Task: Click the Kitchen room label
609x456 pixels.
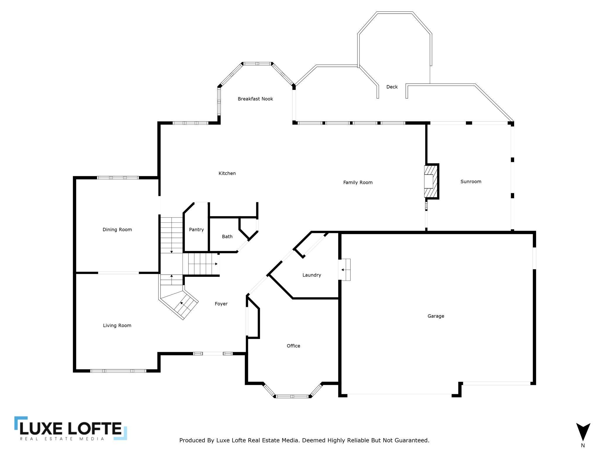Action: tap(227, 173)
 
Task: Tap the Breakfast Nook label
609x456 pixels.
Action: tap(255, 99)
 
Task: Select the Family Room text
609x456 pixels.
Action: tap(358, 183)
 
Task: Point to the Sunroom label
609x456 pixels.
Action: tap(471, 182)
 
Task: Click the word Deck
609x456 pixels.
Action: tap(392, 87)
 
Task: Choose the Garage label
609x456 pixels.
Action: tap(436, 316)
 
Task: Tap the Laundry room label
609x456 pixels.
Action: tap(312, 275)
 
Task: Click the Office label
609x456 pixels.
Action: tap(293, 346)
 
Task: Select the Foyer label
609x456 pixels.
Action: tap(221, 304)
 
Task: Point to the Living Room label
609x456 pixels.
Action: tap(117, 326)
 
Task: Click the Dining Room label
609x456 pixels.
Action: tap(117, 230)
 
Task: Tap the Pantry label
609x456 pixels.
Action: tap(196, 230)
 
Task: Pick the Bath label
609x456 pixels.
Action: tap(227, 236)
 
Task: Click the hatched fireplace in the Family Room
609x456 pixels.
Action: tap(431, 181)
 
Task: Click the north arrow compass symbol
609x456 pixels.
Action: tap(583, 432)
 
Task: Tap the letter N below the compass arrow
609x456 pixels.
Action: tap(583, 445)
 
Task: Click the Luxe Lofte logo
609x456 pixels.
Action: tap(71, 428)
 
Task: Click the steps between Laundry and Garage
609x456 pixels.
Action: tap(345, 270)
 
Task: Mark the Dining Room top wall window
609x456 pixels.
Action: tap(118, 178)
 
